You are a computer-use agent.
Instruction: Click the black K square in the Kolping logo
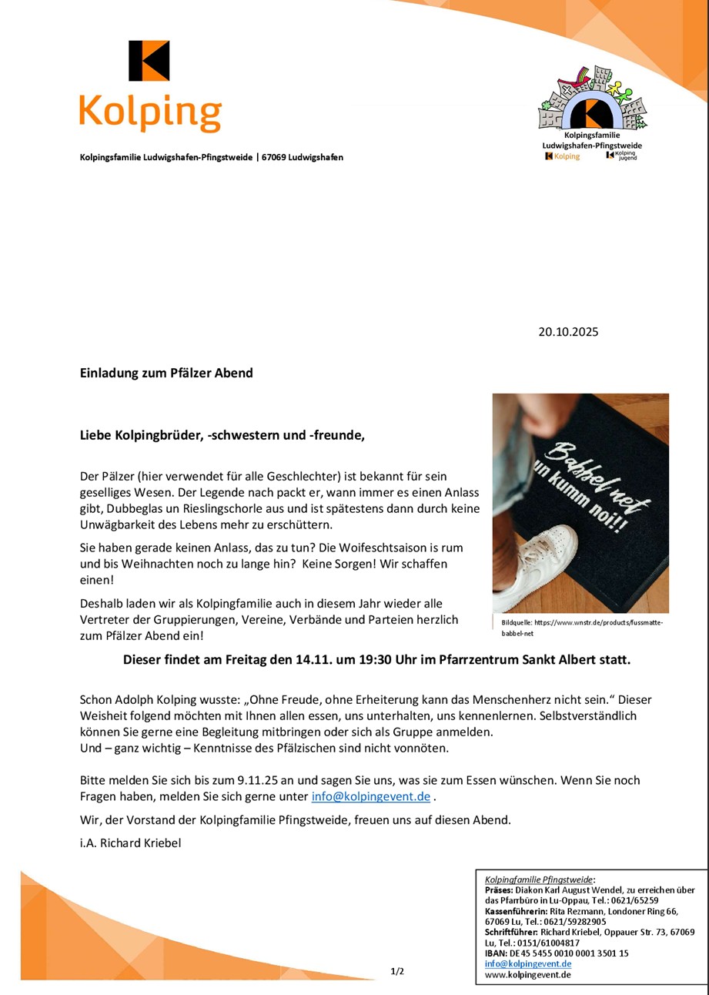(x=149, y=61)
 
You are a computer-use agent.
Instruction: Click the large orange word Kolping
(x=150, y=112)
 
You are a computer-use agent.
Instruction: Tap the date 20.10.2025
(x=568, y=332)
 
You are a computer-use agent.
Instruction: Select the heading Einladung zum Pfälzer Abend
(x=166, y=373)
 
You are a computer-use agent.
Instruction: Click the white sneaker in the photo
(x=539, y=562)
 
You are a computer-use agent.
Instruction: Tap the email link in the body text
(x=370, y=796)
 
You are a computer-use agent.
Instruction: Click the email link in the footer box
(x=527, y=963)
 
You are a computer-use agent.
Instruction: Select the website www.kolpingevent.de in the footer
(x=527, y=974)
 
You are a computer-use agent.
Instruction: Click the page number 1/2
(x=397, y=971)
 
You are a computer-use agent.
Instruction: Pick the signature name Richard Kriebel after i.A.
(x=140, y=843)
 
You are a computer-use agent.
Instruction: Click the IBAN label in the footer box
(x=496, y=953)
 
